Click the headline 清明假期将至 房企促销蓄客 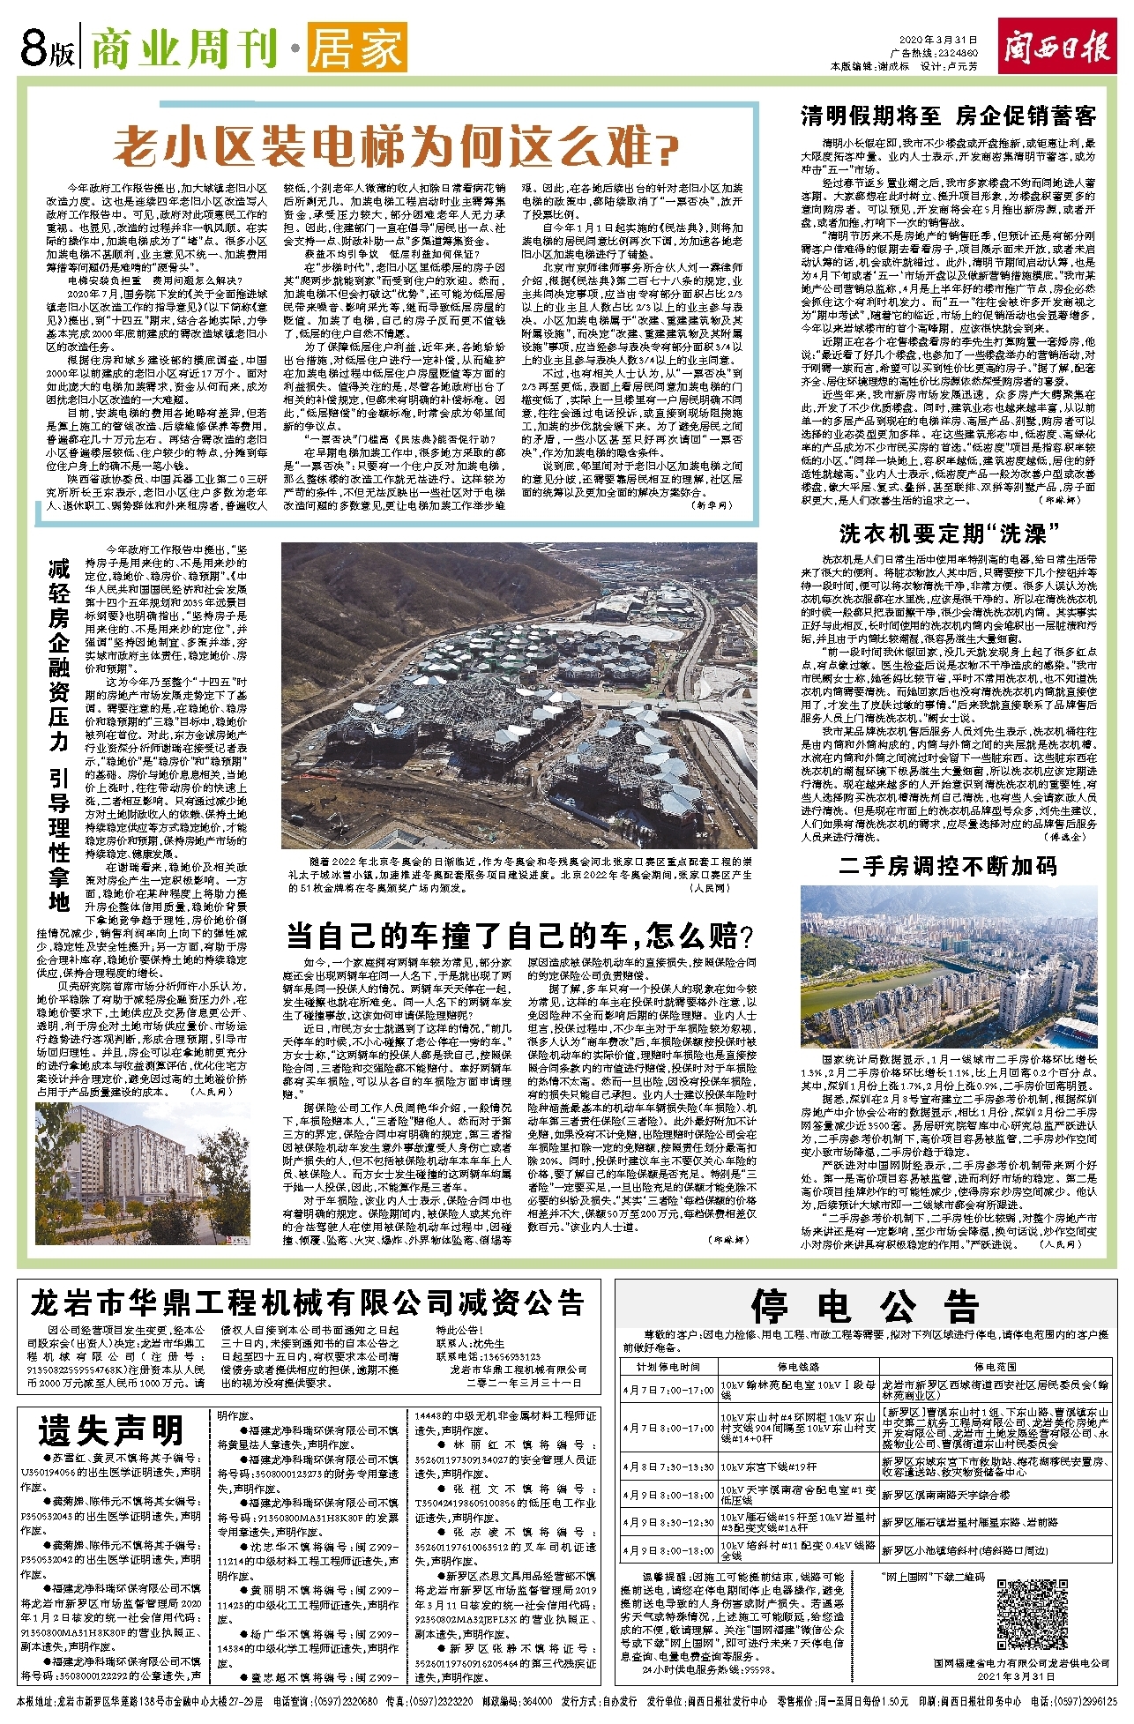948,116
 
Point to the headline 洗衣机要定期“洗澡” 948,534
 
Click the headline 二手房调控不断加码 948,866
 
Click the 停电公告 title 864,1306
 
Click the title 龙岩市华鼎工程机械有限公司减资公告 308,1303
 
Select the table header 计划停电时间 669,1367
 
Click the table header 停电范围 995,1367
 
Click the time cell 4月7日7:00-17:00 669,1391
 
